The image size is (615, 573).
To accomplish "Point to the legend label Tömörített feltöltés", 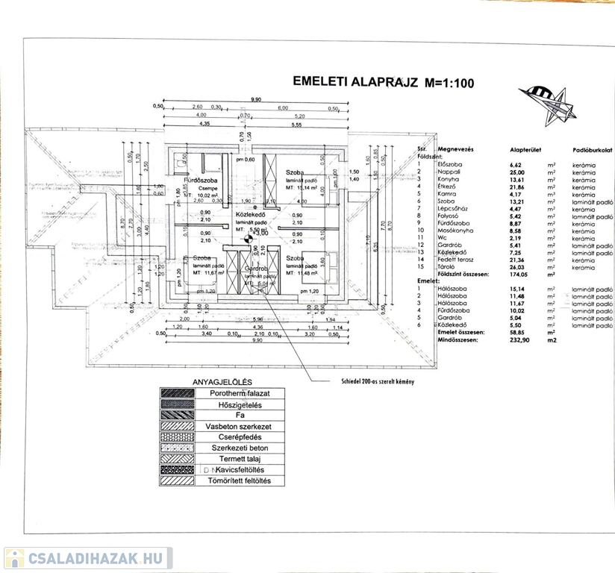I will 235,481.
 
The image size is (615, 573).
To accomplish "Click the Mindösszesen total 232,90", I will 517,339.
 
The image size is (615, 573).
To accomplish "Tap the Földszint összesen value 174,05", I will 517,275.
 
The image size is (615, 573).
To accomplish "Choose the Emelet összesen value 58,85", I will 516,333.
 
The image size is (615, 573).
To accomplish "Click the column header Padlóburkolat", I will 593,150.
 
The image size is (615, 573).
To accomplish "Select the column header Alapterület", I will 524,150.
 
